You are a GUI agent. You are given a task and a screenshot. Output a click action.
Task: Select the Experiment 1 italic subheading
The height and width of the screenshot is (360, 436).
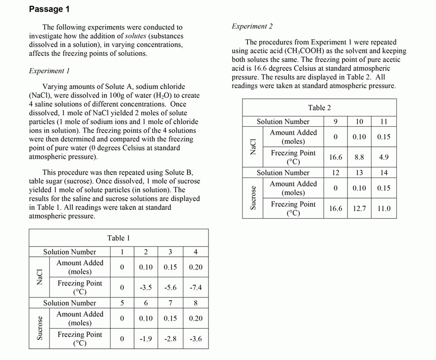click(49, 71)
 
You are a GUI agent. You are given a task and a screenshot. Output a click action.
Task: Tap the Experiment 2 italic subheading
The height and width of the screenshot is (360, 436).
click(252, 26)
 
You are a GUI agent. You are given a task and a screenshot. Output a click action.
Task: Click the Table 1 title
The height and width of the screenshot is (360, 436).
click(118, 238)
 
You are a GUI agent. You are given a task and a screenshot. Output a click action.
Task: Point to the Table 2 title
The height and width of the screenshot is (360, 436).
click(319, 108)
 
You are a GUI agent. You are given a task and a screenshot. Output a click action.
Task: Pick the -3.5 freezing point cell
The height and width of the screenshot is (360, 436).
click(146, 288)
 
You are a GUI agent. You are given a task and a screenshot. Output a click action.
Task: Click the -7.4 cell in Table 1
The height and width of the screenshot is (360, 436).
click(195, 288)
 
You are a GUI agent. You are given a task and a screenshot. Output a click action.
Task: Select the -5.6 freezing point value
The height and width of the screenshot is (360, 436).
click(170, 288)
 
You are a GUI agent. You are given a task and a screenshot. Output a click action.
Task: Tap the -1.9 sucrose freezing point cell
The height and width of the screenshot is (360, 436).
click(146, 338)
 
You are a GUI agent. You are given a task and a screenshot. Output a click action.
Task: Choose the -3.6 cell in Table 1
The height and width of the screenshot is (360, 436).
click(195, 338)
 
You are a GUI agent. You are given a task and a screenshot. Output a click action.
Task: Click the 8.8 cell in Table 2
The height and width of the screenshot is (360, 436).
click(359, 157)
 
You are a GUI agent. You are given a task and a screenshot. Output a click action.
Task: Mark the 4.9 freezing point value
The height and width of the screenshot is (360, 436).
click(384, 157)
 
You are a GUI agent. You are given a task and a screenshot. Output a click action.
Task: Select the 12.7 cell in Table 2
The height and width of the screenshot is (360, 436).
click(359, 208)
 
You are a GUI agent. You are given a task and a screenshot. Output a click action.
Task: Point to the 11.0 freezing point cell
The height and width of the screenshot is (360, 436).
click(384, 208)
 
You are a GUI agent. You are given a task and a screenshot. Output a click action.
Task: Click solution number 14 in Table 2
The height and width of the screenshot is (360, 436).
click(384, 173)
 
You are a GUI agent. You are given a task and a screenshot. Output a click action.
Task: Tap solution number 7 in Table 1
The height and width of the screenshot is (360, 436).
click(170, 303)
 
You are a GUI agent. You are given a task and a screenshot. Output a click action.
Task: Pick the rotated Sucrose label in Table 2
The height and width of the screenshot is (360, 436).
click(253, 198)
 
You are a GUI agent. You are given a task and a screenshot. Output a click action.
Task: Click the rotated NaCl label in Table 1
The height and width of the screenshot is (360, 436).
click(40, 277)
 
